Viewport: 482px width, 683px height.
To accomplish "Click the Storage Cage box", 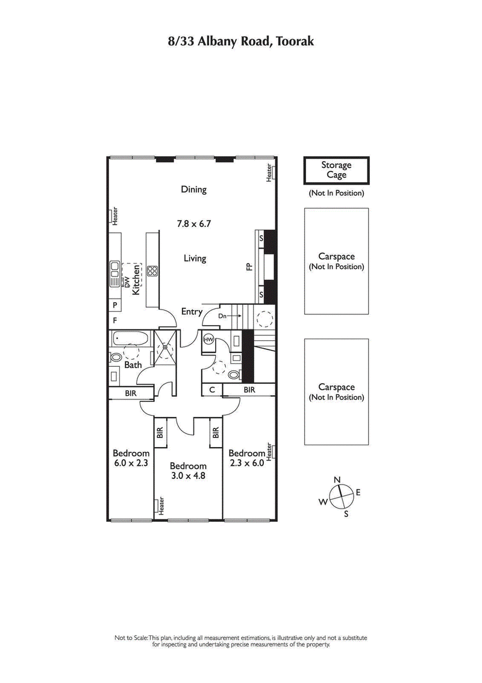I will pos(336,170).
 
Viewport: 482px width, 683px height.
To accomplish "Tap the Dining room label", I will pos(193,189).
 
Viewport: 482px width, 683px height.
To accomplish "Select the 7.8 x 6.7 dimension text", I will pos(193,223).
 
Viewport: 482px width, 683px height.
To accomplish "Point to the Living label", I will pos(195,258).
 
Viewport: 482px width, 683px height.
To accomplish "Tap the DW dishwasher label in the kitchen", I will pos(127,281).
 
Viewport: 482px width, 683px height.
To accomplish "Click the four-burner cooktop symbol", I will pos(152,271).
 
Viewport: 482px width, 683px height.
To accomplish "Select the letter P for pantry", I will pos(114,305).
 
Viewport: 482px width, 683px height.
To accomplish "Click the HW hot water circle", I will pos(209,340).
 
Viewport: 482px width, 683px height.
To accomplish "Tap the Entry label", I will pos(192,312).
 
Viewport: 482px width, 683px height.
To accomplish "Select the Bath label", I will pos(133,364).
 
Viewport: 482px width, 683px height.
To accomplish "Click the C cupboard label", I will pos(212,390).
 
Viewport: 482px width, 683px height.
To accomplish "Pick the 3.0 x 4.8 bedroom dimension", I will pos(188,471).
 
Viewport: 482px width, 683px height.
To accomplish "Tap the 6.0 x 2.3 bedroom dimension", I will pos(131,459).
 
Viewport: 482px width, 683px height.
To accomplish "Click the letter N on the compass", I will pos(337,480).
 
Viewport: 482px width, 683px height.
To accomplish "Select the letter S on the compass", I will pos(346,514).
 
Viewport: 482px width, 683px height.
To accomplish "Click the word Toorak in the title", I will pos(294,42).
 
